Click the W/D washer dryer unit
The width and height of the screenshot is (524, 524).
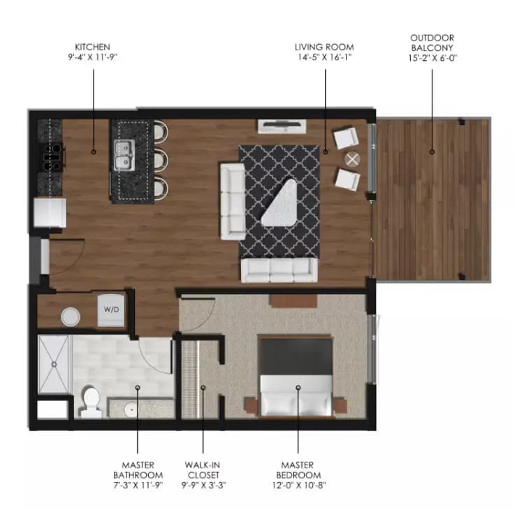coord(112,310)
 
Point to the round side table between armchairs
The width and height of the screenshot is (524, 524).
coord(354,159)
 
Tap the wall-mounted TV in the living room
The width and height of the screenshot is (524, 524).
coord(282,126)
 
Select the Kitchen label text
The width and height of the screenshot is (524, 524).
coord(94,52)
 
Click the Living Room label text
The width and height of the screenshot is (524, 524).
coord(324,52)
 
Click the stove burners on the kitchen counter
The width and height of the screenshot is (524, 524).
coord(52,157)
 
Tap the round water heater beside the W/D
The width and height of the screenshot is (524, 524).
coord(71,317)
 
